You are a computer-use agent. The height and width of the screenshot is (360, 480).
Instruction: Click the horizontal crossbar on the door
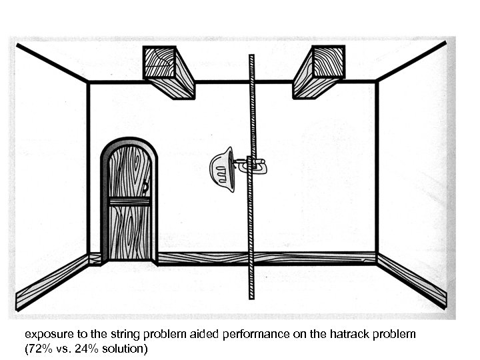tap(129, 201)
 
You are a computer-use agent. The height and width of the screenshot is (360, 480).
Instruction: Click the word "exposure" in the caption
tap(45, 333)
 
